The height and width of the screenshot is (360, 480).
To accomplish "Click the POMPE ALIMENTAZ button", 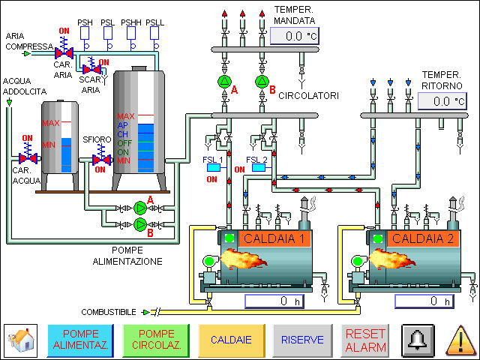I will coord(80,340).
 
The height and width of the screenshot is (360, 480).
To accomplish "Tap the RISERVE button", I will coord(302,340).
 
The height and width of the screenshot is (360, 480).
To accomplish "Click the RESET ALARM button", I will coord(366,340).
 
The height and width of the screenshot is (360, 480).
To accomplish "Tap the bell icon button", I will coord(418,340).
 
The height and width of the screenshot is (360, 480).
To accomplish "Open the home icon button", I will coord(22,340).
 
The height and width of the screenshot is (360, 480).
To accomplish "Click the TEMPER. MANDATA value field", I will coord(295,36).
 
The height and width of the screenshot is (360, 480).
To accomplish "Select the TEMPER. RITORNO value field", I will coord(442,100).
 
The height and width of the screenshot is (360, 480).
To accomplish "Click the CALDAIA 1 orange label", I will coord(274,239).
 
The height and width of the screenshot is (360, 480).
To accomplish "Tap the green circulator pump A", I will coord(224,81).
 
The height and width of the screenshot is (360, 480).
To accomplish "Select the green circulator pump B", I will coord(261,81).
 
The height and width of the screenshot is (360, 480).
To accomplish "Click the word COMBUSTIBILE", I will coord(108,312).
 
